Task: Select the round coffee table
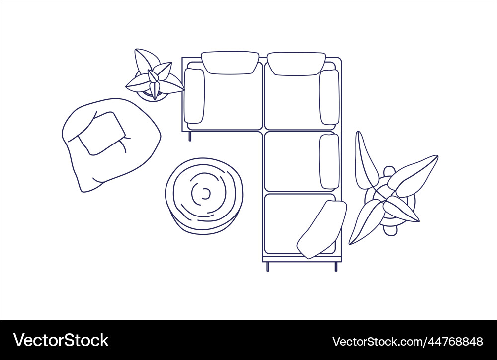pyautogui.click(x=204, y=196)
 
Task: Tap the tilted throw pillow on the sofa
pyautogui.click(x=322, y=229)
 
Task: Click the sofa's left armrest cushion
pyautogui.click(x=194, y=96)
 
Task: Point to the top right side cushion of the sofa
pyautogui.click(x=329, y=97)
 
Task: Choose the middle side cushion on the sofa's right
pyautogui.click(x=329, y=161)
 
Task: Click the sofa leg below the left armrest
pyautogui.click(x=189, y=136)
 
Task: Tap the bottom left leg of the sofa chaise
pyautogui.click(x=268, y=267)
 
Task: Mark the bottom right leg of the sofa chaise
pyautogui.click(x=336, y=267)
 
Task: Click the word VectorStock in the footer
pyautogui.click(x=61, y=341)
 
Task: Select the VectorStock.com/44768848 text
pyautogui.click(x=407, y=342)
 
